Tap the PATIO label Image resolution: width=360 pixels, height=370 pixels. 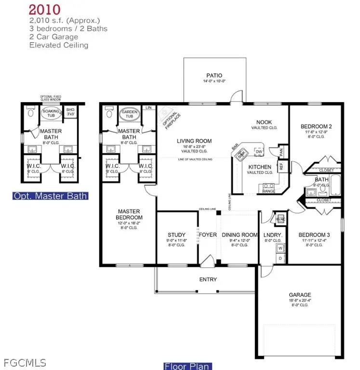tap(214, 75)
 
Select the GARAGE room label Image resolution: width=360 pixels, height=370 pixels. tap(300, 295)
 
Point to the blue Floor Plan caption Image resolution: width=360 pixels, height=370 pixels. tap(187, 366)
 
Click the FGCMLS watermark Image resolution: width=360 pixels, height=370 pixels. tap(18, 361)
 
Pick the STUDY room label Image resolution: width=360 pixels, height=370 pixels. tap(176, 235)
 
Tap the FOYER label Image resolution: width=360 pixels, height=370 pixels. tap(208, 235)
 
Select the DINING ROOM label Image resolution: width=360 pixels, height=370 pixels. tap(240, 235)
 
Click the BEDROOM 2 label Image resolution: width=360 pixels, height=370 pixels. tap(320, 126)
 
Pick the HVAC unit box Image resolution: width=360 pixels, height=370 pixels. tap(280, 219)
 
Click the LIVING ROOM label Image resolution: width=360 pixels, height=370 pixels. tap(194, 141)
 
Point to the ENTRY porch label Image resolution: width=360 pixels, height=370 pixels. tap(208, 279)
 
